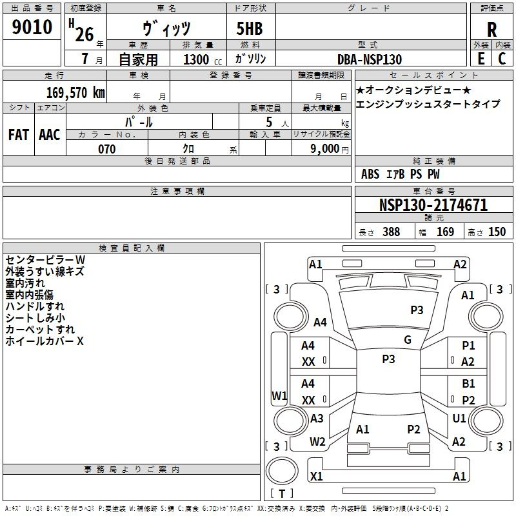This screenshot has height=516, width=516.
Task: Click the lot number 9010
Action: click(32, 27)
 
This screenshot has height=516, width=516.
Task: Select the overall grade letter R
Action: click(491, 29)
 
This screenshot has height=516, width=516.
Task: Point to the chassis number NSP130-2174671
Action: click(433, 206)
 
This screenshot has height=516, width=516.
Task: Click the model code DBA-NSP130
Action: click(370, 59)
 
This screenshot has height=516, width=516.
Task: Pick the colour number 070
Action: click(106, 149)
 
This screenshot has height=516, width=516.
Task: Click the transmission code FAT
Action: click(18, 135)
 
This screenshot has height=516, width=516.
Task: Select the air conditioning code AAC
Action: click(50, 135)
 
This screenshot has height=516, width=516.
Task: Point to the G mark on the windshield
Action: click(408, 340)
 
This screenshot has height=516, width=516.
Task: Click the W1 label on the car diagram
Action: click(279, 395)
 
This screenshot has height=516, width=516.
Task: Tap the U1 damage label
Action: click(459, 419)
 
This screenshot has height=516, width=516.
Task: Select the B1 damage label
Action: click(469, 384)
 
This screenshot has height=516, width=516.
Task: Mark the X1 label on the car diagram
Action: click(317, 476)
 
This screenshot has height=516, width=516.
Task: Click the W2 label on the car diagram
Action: click(317, 442)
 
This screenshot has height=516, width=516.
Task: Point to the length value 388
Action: click(391, 232)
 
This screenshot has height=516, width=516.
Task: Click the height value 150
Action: click(497, 232)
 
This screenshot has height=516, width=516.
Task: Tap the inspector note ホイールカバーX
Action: click(45, 341)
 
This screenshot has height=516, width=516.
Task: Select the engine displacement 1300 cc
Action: click(201, 59)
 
